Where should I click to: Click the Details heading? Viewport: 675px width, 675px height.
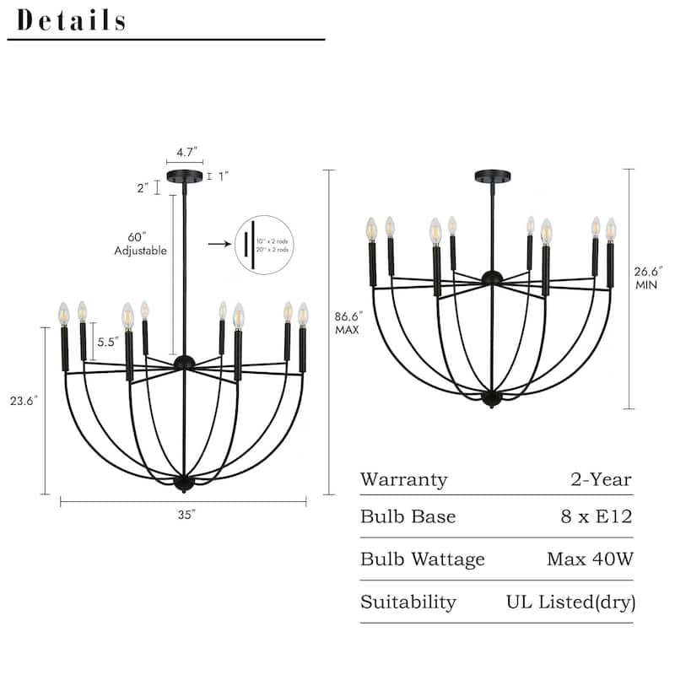point(72,20)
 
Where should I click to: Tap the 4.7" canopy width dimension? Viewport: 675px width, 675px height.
point(186,152)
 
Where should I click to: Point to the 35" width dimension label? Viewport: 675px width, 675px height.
point(184,515)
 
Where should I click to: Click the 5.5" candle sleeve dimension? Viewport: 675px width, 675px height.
point(106,343)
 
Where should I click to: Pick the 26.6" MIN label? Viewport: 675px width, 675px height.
point(648,278)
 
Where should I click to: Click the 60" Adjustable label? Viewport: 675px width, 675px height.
point(141,244)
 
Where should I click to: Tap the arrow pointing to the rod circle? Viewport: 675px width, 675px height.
point(219,244)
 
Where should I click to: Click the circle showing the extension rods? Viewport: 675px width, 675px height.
point(264,244)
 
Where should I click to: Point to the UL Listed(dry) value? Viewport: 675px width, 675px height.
point(570,602)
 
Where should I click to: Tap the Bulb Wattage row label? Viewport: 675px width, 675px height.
point(423,559)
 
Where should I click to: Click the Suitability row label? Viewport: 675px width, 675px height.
point(408,602)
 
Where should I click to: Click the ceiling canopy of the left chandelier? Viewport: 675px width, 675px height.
point(185,175)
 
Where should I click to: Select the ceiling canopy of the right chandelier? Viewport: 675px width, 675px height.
point(492,176)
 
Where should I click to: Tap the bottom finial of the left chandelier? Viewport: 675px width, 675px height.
point(184,484)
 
